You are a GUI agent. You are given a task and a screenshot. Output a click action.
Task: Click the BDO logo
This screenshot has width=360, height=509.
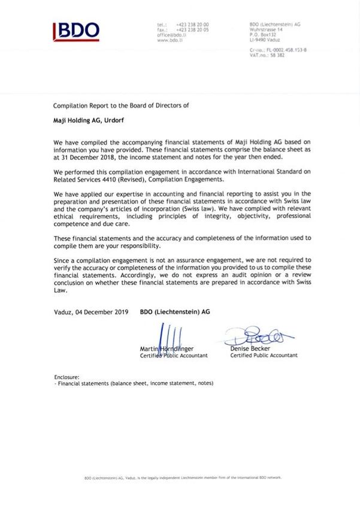pyautogui.click(x=76, y=31)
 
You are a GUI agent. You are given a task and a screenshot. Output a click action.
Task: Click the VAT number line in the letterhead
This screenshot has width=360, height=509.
pyautogui.click(x=267, y=54)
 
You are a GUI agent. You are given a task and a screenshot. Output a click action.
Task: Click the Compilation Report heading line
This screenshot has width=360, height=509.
pyautogui.click(x=121, y=105)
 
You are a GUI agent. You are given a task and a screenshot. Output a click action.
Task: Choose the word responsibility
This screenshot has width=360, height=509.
pyautogui.click(x=131, y=246)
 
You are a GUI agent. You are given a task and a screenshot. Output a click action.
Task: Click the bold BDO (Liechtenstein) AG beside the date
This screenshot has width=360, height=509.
pyautogui.click(x=175, y=312)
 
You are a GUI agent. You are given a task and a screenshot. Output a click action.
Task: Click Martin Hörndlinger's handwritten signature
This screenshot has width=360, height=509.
pyautogui.click(x=168, y=336)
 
